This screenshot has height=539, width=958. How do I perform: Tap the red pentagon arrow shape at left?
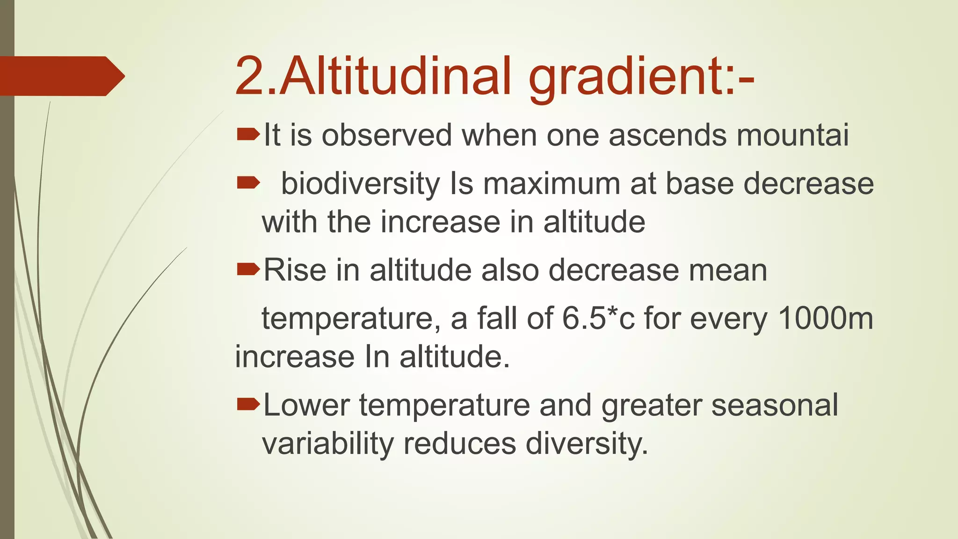(61, 76)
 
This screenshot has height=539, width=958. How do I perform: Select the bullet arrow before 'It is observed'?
(248, 135)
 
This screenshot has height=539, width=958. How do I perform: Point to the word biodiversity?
(360, 184)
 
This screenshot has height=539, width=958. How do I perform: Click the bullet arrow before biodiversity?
(248, 183)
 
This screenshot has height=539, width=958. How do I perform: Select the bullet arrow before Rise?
(248, 269)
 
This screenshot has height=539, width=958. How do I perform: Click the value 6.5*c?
(598, 319)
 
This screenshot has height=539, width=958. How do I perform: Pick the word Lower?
(306, 405)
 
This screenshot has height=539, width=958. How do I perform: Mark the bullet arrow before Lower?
(248, 404)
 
